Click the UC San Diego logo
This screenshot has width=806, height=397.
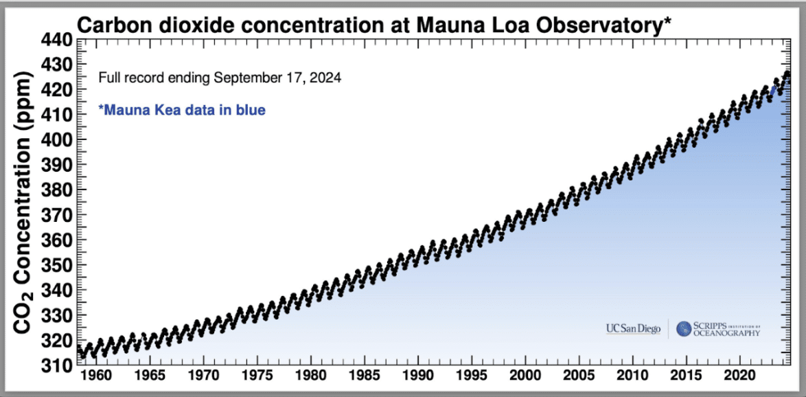click(x=633, y=329)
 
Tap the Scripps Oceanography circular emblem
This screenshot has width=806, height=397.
click(x=684, y=329)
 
